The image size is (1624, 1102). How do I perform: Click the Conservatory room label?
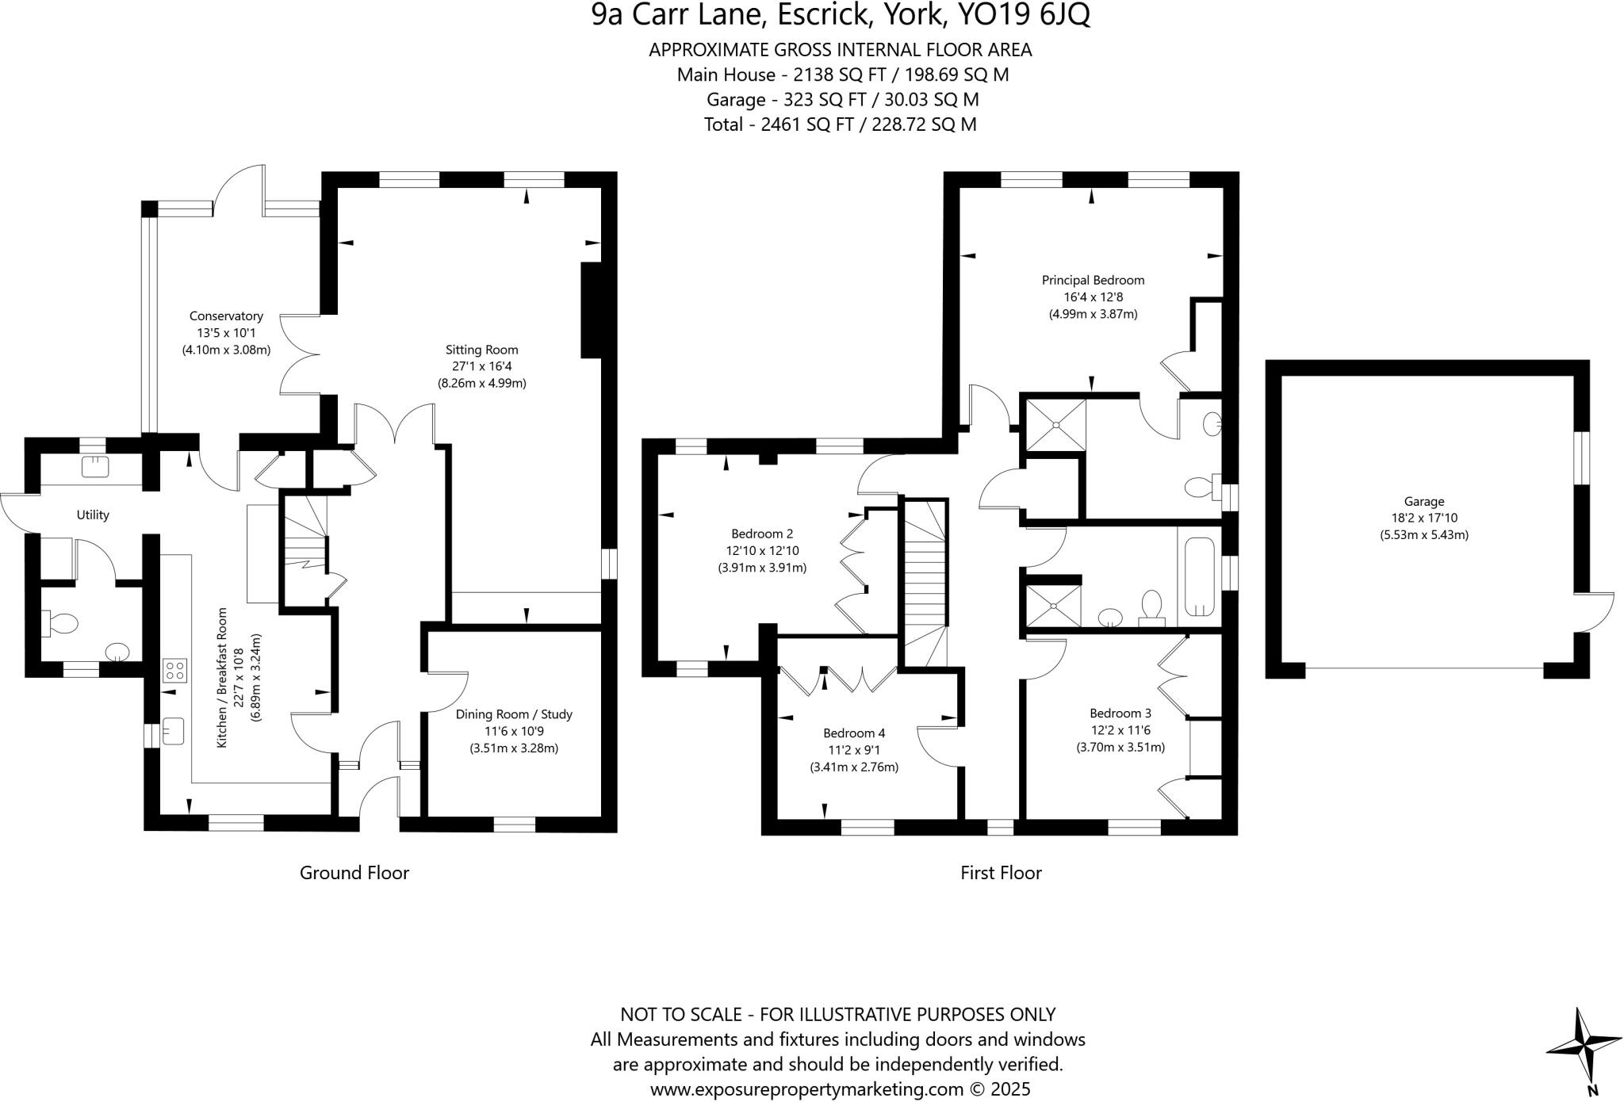[x=226, y=316]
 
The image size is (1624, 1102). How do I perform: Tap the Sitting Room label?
[x=481, y=350]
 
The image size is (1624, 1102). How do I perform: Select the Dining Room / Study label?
[x=514, y=714]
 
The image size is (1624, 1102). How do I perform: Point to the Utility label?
[x=93, y=515]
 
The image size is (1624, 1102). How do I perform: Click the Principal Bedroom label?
[x=1093, y=280]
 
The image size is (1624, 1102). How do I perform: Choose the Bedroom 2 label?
[x=762, y=534]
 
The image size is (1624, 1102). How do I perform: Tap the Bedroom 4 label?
[x=854, y=733]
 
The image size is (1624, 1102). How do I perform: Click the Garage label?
[x=1424, y=501]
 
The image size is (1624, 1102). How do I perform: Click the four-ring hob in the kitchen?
[x=175, y=671]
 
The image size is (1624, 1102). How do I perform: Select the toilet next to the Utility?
[x=60, y=622]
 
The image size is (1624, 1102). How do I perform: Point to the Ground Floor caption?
[x=354, y=873]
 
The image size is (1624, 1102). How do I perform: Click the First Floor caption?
[x=1001, y=873]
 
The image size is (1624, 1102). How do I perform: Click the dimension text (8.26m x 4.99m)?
[x=482, y=383]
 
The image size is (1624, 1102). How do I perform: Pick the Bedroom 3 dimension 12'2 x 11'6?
[x=1120, y=730]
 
